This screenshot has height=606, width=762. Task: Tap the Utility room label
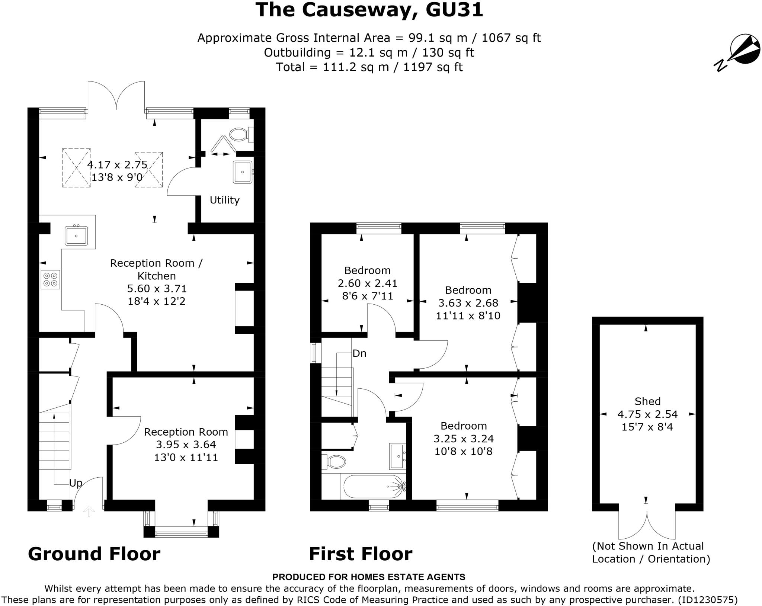[224, 200]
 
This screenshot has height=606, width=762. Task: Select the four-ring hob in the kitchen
[51, 279]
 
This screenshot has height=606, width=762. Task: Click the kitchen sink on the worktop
[76, 235]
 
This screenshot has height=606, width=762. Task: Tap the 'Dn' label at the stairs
[359, 353]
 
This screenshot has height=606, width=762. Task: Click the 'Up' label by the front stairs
[76, 483]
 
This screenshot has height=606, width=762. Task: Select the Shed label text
[647, 401]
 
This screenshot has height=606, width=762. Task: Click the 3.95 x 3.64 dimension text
[186, 445]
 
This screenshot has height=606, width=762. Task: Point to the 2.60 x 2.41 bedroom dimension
[367, 283]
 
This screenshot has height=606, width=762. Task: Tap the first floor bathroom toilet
[334, 462]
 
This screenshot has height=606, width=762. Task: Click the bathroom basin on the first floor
[397, 456]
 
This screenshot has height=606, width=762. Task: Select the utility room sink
[243, 172]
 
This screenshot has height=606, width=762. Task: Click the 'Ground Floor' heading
[94, 554]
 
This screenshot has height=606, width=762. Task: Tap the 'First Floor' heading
[361, 554]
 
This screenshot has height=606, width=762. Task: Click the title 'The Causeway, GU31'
[369, 10]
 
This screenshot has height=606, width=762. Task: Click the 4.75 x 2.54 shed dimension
[647, 414]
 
